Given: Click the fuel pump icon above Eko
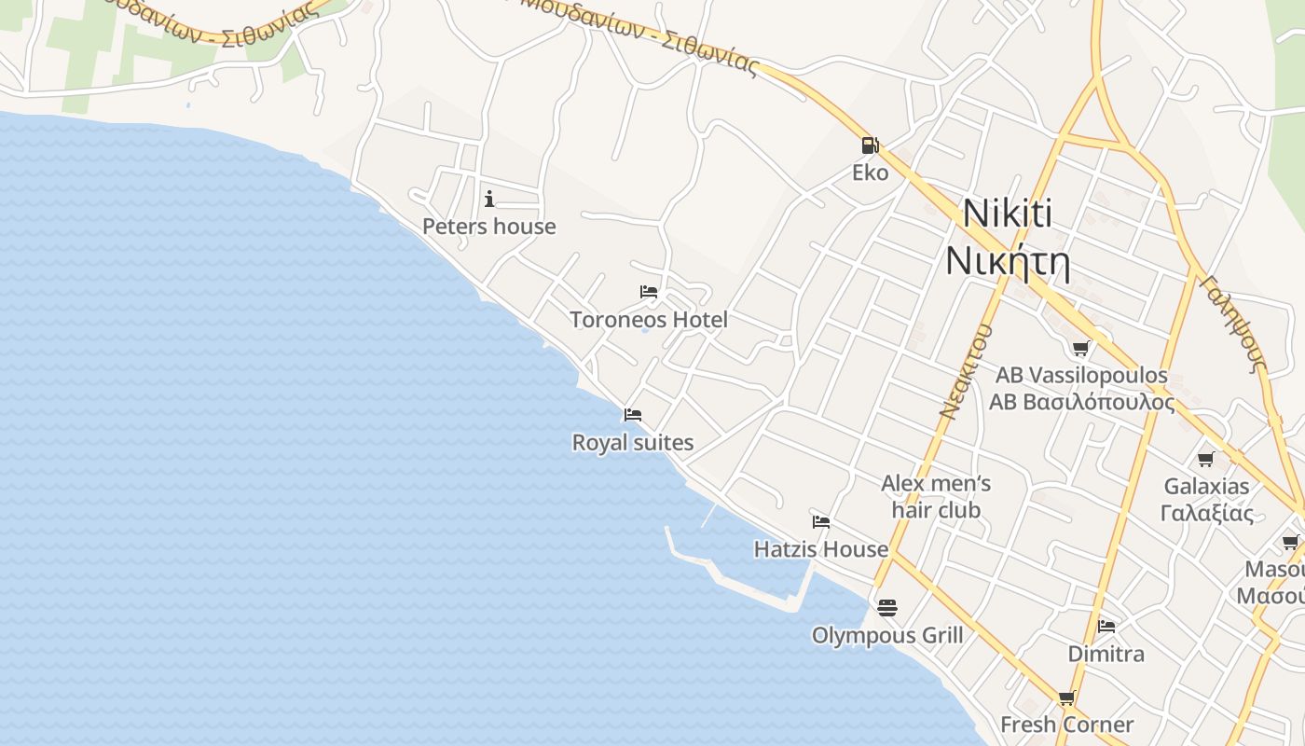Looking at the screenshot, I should [x=869, y=145].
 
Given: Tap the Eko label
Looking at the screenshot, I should [x=870, y=173].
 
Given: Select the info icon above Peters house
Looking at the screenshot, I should [x=488, y=199].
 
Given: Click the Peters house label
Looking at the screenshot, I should [x=488, y=227].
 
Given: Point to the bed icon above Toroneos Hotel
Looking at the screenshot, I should [x=649, y=292].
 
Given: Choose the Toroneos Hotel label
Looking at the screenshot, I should [x=649, y=320].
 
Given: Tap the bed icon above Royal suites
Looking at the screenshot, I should [x=633, y=415].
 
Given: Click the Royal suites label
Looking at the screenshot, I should [x=633, y=442].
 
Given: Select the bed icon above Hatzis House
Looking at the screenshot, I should [x=820, y=522].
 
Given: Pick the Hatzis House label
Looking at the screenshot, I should [x=820, y=549].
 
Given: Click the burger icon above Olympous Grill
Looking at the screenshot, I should [x=886, y=608].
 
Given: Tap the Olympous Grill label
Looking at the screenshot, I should [x=886, y=635].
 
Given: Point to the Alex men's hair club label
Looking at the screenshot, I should [x=936, y=496].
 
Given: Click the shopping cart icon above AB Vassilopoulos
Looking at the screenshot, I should [x=1080, y=349].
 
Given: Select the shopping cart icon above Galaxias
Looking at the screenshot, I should [x=1205, y=459].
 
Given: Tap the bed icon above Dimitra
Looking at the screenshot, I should [x=1106, y=626].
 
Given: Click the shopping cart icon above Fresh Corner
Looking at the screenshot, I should [x=1066, y=698].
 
